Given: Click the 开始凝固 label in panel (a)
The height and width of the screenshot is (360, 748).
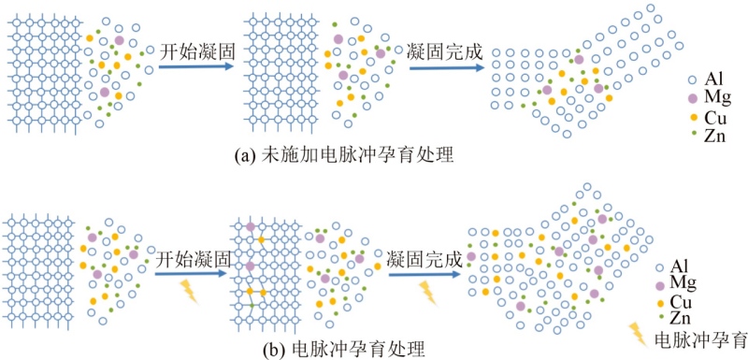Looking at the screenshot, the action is point(197,51).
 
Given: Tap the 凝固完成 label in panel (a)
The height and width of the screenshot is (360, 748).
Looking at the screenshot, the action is point(445,51).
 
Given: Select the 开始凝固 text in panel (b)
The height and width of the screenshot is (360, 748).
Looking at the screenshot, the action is point(193,260).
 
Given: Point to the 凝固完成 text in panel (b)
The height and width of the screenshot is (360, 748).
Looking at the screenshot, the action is point(425,260).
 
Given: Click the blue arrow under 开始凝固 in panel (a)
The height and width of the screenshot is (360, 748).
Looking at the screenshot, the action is point(196,65).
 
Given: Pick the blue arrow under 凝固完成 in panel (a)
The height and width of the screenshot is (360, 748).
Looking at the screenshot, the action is point(447,67).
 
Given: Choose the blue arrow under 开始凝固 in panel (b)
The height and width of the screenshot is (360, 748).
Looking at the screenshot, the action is point(190,274).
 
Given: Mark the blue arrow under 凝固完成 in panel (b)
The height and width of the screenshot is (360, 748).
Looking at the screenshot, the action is point(424,275).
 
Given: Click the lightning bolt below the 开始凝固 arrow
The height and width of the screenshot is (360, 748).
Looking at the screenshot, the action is point(190,292).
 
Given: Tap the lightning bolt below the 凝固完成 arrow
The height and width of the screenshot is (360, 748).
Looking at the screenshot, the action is point(427,293).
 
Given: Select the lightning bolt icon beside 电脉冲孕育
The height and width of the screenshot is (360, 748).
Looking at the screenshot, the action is point(639,334).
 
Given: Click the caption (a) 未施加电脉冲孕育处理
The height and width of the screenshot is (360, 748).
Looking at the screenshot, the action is point(343,156).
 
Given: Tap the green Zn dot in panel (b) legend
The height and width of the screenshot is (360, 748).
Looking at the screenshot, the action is point(661,317).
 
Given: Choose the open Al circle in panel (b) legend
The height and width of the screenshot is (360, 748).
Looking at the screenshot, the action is point(660,268).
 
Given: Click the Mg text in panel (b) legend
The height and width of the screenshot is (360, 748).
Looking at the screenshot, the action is point(683,283).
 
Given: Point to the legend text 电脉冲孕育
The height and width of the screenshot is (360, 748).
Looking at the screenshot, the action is point(701,339).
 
